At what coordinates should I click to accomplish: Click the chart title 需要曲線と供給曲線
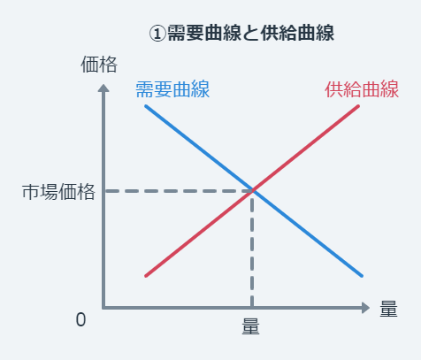coord(251,33)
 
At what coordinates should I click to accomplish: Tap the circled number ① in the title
coord(157,33)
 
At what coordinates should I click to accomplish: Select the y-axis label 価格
coord(99,65)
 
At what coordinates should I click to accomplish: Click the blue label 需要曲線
coord(172,89)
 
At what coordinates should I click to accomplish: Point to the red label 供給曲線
coord(362,89)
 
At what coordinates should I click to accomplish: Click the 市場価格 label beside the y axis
coord(58,192)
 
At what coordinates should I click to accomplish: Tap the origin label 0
coord(80,319)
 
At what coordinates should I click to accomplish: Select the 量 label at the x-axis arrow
coord(388,309)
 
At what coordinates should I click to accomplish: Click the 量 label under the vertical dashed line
coord(251,326)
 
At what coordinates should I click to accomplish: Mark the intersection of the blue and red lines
coord(252,191)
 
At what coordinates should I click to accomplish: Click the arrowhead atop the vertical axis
coord(103,88)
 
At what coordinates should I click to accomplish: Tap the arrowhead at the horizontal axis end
coord(365,308)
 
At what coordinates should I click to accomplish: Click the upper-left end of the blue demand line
coord(146,106)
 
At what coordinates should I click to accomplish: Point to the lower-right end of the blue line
coord(362,276)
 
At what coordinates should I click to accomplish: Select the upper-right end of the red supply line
coord(358,106)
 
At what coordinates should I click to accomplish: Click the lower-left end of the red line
coord(146,276)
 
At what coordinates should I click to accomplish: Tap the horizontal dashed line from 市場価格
coord(178,191)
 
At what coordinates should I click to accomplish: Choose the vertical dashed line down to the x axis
coord(252,249)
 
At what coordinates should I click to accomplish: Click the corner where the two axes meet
coord(103,308)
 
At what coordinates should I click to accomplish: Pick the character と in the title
coord(251,33)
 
